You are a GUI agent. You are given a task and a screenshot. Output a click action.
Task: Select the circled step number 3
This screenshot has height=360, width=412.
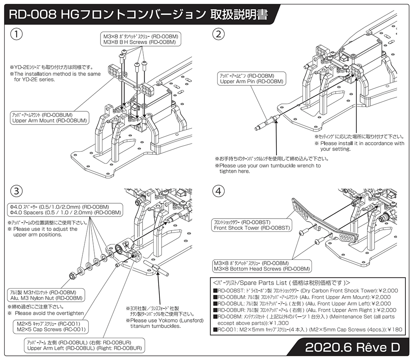coord(16,191)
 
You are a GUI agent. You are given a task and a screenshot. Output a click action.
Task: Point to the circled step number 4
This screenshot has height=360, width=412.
coord(218,191)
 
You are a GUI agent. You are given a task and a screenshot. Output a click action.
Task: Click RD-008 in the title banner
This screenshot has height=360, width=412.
coord(33,15)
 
